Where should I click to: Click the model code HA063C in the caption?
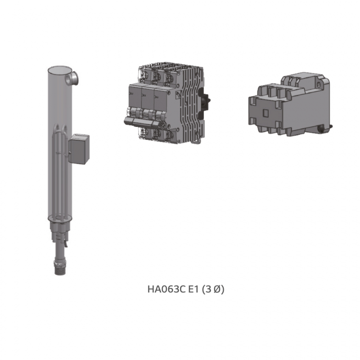point(166,289)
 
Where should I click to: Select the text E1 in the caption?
point(193,289)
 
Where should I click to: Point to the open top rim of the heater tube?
point(59,69)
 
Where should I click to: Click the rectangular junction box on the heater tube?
point(79,149)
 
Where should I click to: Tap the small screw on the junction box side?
point(69,152)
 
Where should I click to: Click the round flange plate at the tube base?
point(60,218)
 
